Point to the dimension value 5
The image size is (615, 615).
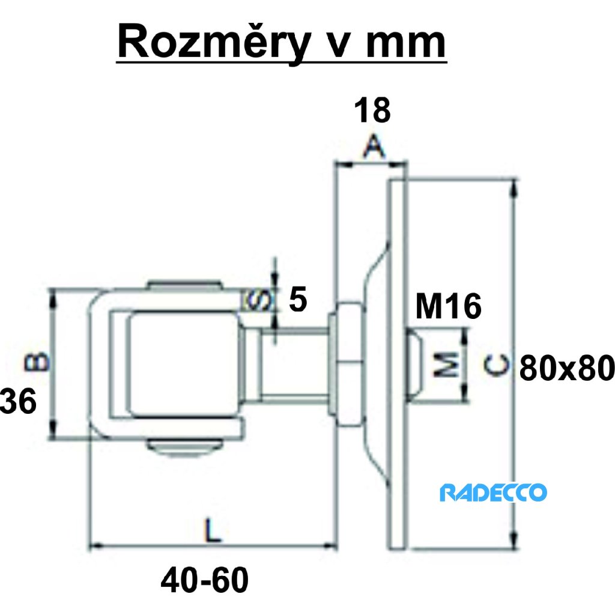click(x=298, y=298)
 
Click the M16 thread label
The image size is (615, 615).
click(x=448, y=307)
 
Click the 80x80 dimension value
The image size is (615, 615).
click(x=566, y=368)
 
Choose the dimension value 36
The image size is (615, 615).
click(x=18, y=401)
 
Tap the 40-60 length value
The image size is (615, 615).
click(x=204, y=581)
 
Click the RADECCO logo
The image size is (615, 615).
click(x=493, y=493)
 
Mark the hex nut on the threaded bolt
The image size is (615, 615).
click(x=348, y=363)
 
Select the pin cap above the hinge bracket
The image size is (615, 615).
click(x=186, y=286)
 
